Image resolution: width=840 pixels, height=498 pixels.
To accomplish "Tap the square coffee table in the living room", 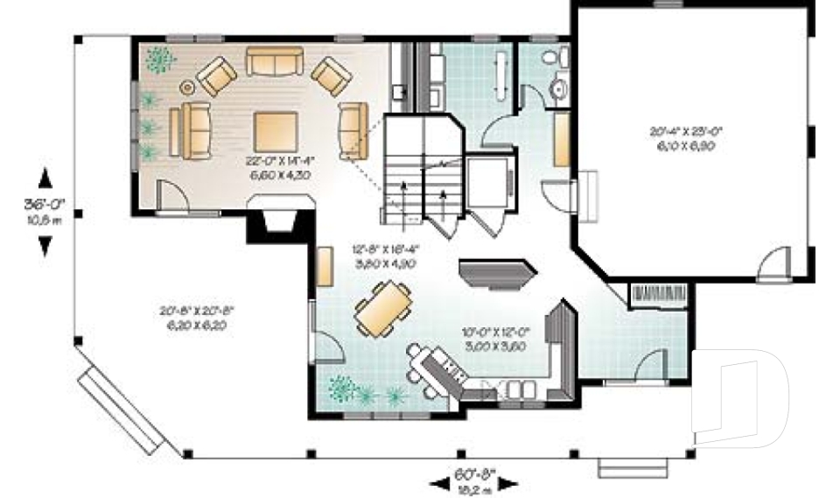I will pos(275,132).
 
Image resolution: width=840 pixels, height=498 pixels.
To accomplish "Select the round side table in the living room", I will pos(187,87).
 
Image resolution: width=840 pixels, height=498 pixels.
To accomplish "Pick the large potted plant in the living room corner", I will pos(159,60).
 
